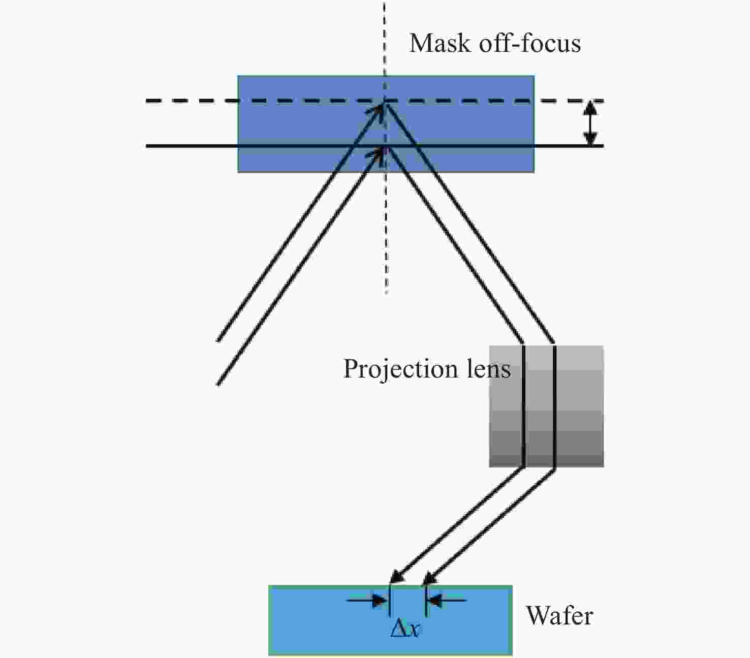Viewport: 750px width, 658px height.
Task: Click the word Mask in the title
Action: pyautogui.click(x=440, y=43)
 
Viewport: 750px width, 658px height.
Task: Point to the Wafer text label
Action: pyautogui.click(x=559, y=616)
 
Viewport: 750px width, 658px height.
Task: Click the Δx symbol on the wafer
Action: pyautogui.click(x=405, y=630)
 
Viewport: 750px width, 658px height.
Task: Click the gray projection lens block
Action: pyautogui.click(x=579, y=406)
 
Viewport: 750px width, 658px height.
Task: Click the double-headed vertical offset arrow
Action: pyautogui.click(x=589, y=123)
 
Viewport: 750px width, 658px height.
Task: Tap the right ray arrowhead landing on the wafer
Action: pyautogui.click(x=430, y=578)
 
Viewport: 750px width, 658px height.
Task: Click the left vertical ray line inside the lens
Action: pyautogui.click(x=523, y=406)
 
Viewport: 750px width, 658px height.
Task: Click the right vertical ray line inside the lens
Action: pyautogui.click(x=554, y=406)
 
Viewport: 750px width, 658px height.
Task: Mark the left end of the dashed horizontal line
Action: pyautogui.click(x=147, y=101)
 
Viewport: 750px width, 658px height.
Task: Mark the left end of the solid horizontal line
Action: pyautogui.click(x=147, y=146)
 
